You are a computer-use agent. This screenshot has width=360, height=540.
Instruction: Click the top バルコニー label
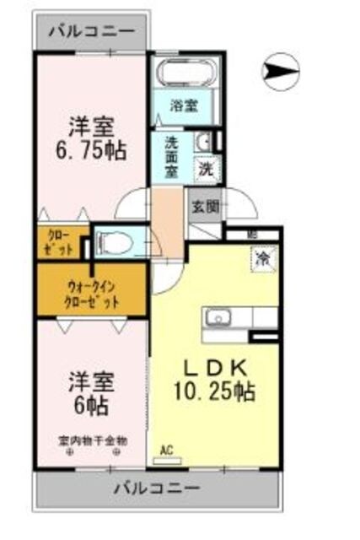[x=90, y=33]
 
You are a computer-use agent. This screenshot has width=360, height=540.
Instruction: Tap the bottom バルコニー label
[x=156, y=489]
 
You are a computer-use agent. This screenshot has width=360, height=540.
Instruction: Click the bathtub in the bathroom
[x=183, y=75]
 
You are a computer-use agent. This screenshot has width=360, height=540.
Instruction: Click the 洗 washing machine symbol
[x=206, y=167]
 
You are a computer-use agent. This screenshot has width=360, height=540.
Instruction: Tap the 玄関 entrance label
[x=205, y=206]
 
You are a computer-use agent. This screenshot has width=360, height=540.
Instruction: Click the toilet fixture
[x=116, y=244]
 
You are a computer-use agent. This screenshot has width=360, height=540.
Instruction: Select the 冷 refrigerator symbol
[x=263, y=256]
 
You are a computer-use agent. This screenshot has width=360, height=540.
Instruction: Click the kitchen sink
[x=218, y=318]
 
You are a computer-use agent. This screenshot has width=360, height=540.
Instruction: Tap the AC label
[x=169, y=451]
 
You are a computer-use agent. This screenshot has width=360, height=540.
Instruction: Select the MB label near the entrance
[x=252, y=235]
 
